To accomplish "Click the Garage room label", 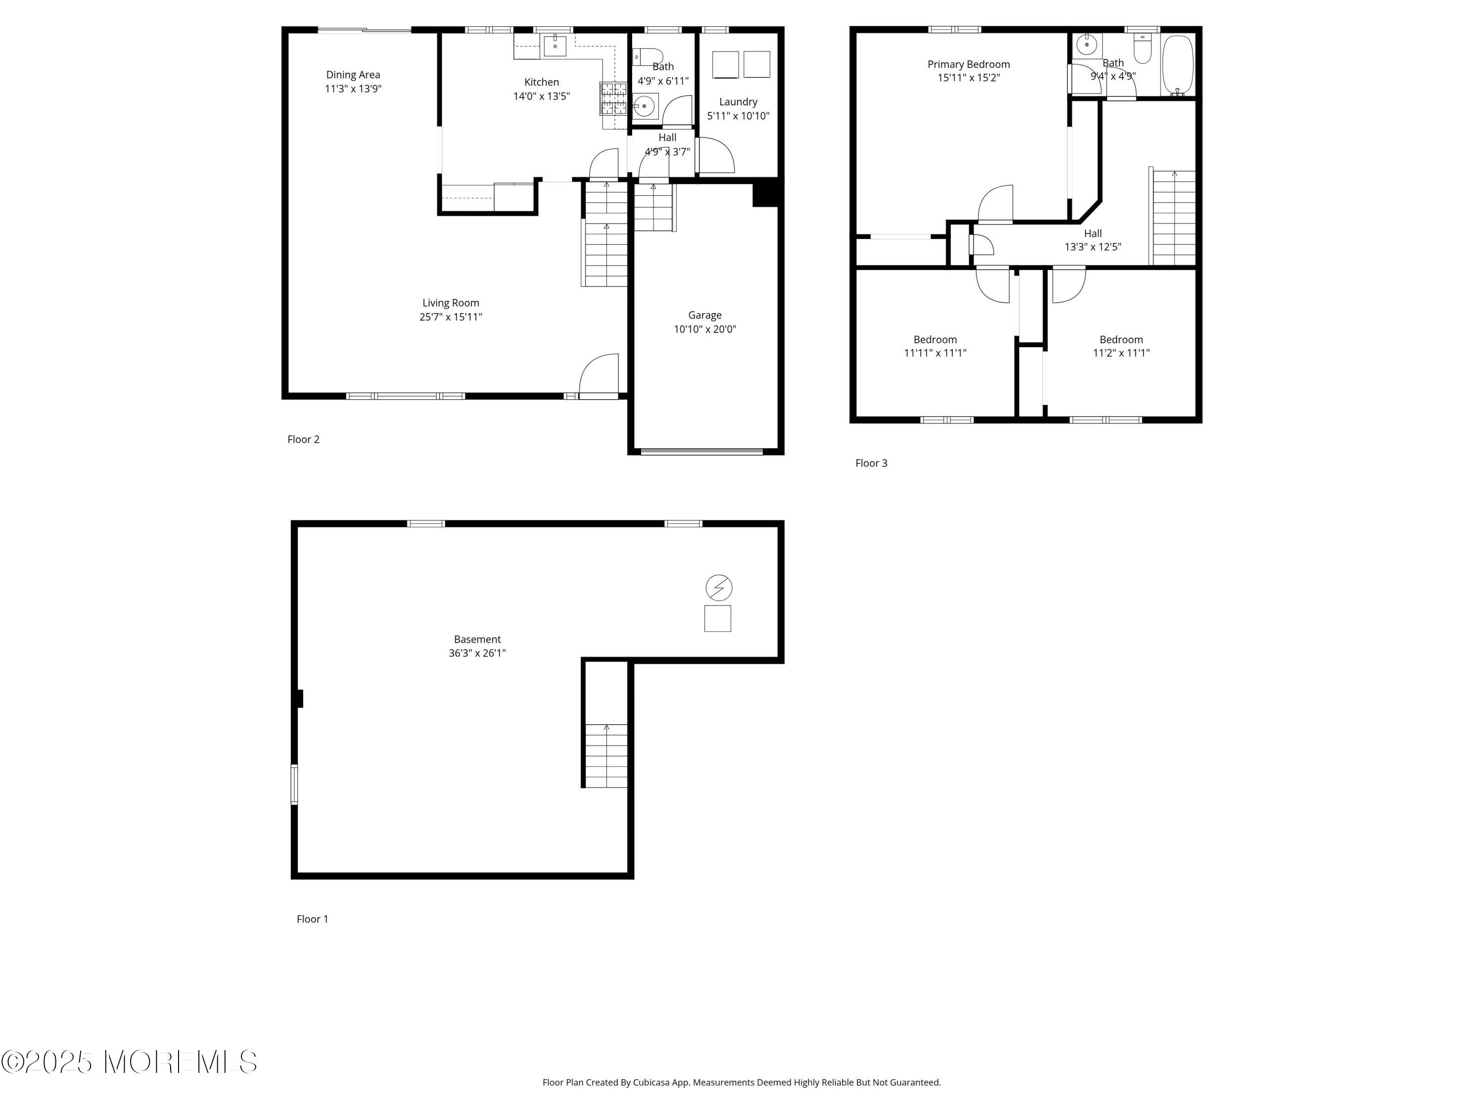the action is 704,315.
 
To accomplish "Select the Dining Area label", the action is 353,75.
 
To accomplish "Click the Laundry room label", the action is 738,102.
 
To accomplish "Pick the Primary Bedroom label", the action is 969,64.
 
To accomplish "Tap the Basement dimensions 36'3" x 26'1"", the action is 477,653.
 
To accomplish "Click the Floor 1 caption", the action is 313,919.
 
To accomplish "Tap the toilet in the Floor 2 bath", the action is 648,56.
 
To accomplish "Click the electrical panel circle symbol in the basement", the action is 719,588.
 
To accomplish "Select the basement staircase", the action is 606,755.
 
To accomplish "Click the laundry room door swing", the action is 715,156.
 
